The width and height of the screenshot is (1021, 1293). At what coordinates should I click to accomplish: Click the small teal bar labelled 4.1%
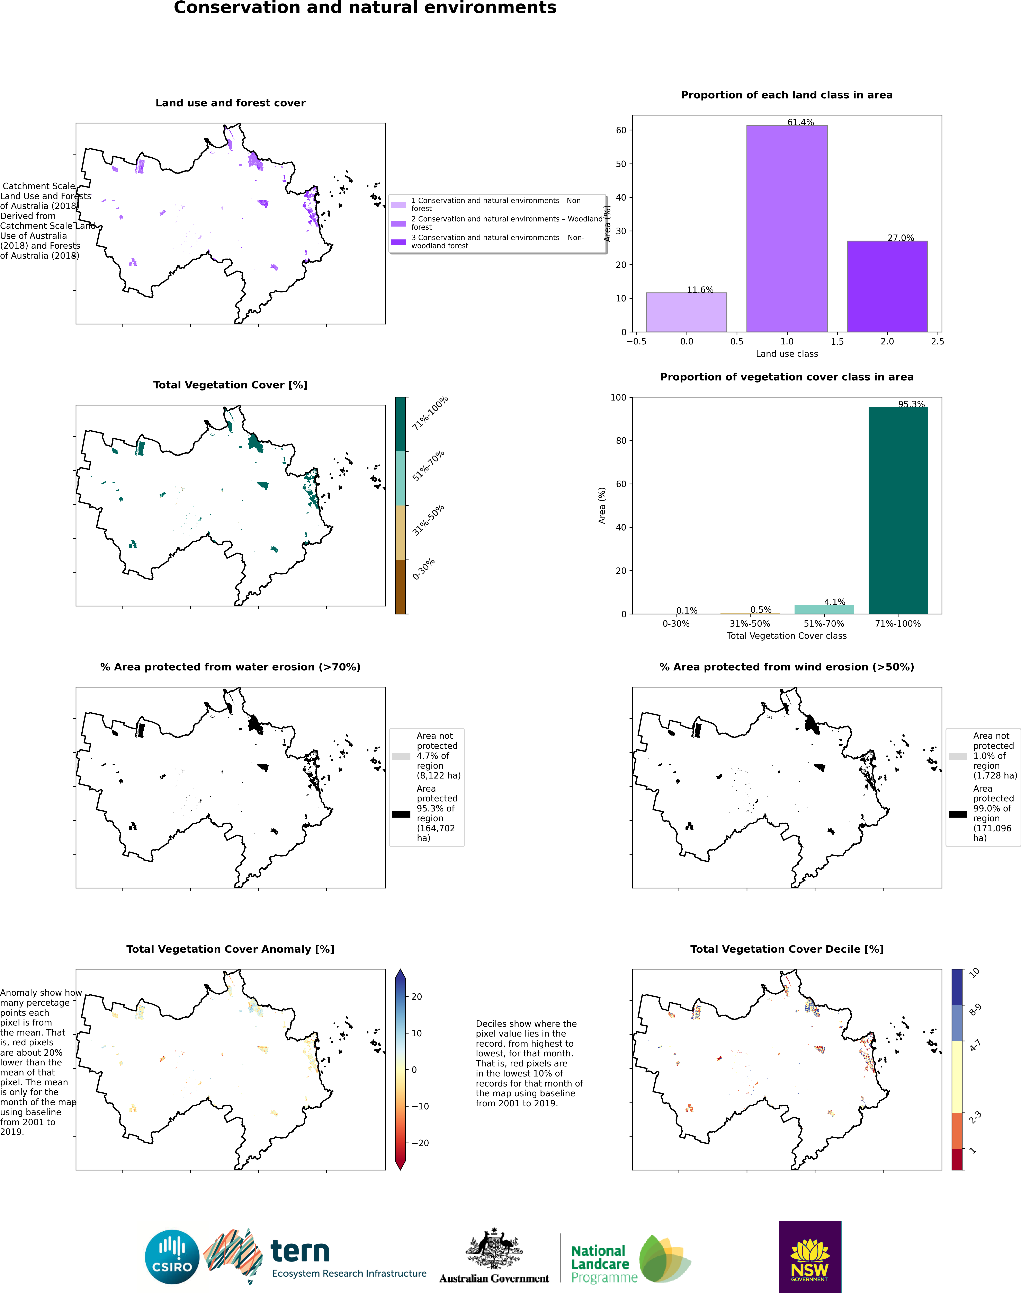[824, 609]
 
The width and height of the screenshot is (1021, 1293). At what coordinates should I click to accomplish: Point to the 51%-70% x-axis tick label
[824, 624]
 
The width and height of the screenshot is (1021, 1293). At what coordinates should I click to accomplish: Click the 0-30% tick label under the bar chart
[676, 624]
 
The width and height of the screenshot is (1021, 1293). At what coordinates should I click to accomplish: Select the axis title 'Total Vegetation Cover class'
[787, 636]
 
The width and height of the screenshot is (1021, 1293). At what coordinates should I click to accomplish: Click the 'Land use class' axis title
[787, 354]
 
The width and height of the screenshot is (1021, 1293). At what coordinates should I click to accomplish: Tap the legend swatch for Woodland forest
[399, 224]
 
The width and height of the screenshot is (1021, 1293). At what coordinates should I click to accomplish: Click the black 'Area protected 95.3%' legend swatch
[401, 814]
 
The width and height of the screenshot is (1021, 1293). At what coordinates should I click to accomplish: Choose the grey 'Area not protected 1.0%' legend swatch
[958, 757]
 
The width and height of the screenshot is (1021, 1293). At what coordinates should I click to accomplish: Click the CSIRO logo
[172, 1257]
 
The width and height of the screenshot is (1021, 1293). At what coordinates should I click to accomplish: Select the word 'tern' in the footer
[300, 1251]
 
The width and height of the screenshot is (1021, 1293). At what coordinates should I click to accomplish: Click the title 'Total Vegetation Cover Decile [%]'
[787, 949]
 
